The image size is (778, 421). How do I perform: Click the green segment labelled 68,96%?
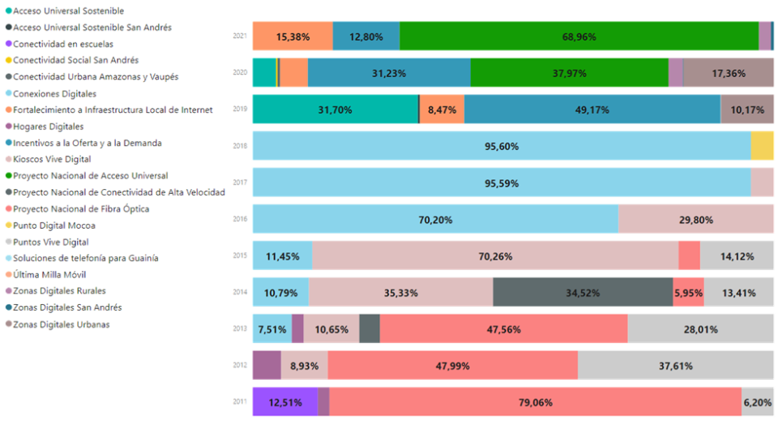579,37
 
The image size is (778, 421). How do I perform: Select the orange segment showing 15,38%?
292,37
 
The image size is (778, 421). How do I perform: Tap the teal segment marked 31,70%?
335,110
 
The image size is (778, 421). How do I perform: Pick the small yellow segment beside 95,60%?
762,146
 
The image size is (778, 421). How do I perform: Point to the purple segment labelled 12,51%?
284,402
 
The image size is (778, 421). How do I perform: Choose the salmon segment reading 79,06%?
535,402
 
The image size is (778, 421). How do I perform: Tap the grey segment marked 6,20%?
758,402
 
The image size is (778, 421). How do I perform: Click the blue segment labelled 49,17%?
592,110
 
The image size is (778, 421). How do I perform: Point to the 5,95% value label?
688,292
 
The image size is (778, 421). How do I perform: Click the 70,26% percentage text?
495,256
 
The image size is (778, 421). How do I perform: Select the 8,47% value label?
442,110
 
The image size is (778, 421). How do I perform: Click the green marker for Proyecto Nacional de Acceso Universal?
7,175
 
